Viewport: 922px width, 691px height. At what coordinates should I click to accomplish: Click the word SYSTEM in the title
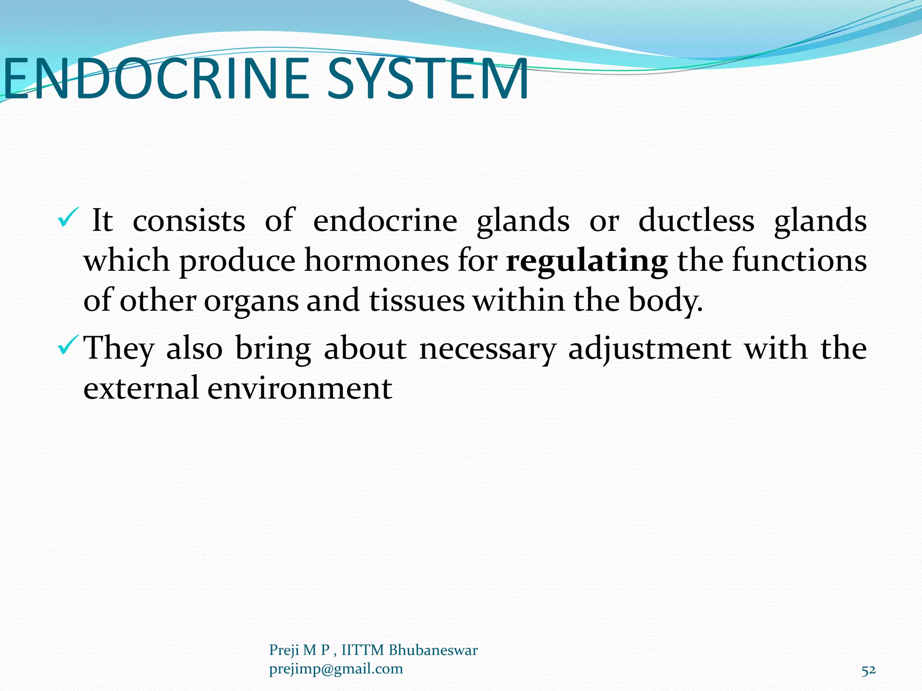(427, 79)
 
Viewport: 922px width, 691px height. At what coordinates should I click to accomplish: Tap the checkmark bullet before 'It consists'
(68, 218)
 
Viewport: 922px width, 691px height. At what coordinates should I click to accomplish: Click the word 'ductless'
(696, 220)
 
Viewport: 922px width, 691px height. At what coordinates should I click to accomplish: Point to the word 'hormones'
(376, 261)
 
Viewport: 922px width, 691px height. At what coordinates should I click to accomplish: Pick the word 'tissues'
(417, 301)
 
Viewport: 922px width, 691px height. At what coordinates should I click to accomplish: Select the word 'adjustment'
(650, 349)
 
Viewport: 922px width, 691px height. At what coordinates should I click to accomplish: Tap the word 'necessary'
(487, 349)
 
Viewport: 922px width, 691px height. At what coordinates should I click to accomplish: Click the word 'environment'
(299, 388)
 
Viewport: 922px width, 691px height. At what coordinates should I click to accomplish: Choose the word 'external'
(141, 388)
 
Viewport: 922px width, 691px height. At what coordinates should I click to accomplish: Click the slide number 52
(868, 670)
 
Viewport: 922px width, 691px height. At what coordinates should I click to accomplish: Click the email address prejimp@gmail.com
(336, 669)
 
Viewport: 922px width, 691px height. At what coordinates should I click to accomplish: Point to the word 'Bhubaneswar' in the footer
(433, 650)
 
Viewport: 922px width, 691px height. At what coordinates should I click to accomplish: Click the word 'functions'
(799, 261)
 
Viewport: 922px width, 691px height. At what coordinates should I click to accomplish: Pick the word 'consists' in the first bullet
(189, 220)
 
